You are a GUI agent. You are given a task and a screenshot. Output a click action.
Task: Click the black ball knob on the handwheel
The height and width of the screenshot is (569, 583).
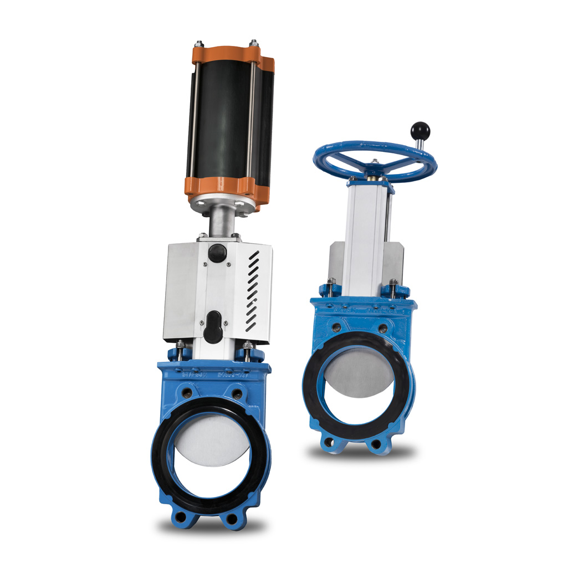pos(420,131)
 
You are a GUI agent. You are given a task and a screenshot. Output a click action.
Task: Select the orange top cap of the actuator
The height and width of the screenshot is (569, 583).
pos(227,54)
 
